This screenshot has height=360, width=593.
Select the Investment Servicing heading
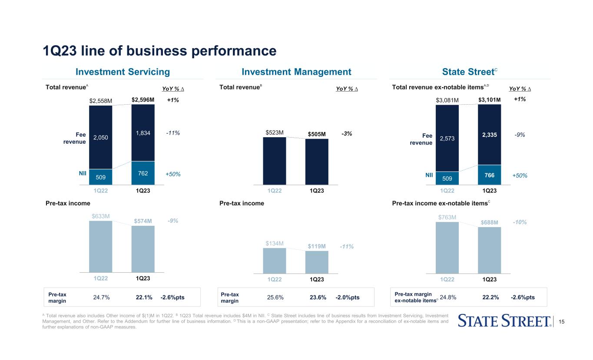[x=123, y=72]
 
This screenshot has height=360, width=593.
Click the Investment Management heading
[x=296, y=72]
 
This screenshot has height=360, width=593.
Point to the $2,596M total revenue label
[x=143, y=100]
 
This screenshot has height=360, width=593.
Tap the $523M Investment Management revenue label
[x=275, y=132]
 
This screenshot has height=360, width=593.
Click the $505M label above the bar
[x=317, y=134]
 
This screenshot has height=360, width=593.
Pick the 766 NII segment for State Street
[x=490, y=175]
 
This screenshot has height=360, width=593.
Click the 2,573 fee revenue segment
[x=447, y=139]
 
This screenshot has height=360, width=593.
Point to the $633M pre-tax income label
[x=100, y=216]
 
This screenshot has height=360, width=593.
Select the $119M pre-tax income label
[x=317, y=246]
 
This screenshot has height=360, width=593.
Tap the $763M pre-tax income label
[x=447, y=217]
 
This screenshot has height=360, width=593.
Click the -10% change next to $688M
[x=520, y=222]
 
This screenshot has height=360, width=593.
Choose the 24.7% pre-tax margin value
[x=102, y=297]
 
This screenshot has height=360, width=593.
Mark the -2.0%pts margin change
[x=348, y=297]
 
